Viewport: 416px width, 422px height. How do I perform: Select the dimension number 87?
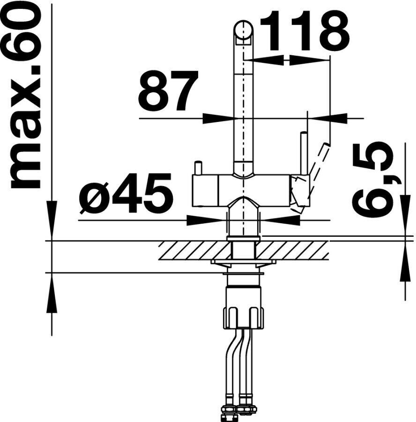(168, 90)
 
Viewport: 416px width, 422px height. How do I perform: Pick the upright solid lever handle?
(303, 153)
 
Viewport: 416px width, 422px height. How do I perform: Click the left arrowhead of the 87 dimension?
(218, 119)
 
